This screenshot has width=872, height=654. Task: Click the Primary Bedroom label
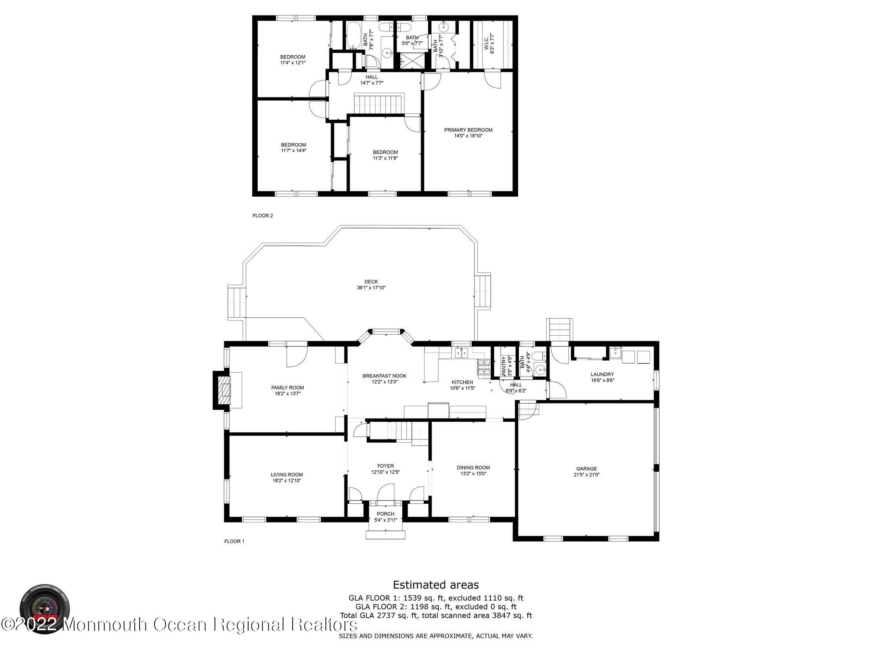click(x=468, y=130)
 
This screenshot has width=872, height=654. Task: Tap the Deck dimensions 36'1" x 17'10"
click(x=371, y=288)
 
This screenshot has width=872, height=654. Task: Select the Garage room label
click(x=586, y=469)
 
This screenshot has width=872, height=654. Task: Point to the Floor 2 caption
click(x=263, y=216)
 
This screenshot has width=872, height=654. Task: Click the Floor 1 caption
click(x=234, y=541)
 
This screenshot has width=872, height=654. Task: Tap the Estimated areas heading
click(x=436, y=585)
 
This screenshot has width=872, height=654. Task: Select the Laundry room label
click(x=602, y=374)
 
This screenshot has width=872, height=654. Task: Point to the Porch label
click(x=385, y=514)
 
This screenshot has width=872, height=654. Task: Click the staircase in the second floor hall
click(x=379, y=104)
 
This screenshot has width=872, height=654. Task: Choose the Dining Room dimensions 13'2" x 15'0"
click(x=473, y=473)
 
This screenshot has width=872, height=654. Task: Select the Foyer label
click(x=385, y=466)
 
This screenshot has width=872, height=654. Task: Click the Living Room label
click(x=287, y=474)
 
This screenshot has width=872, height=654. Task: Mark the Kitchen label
click(x=462, y=382)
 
